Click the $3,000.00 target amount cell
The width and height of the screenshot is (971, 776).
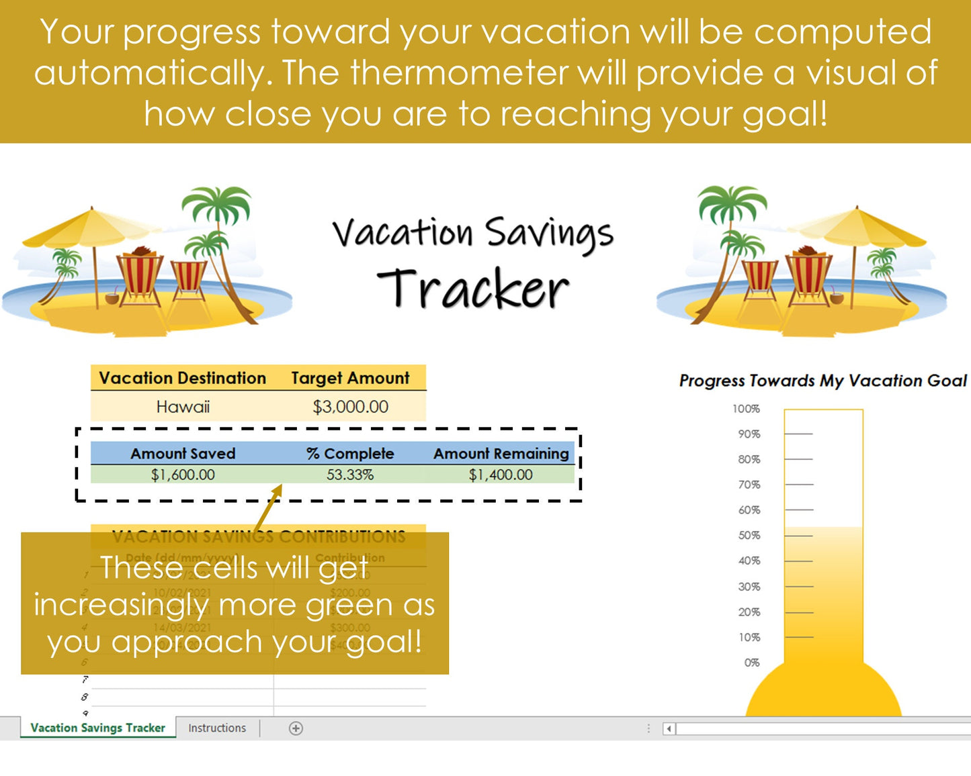pos(350,407)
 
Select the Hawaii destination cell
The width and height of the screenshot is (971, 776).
pos(183,407)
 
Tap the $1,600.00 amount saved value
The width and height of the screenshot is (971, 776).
pos(183,475)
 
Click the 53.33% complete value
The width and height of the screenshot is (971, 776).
pos(350,475)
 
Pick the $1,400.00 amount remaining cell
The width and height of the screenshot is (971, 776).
pos(501,475)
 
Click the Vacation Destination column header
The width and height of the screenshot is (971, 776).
pos(183,378)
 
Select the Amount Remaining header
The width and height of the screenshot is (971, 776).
pos(501,454)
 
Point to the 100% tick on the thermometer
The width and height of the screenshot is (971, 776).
pos(746,409)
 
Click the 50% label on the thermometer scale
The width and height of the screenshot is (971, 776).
pos(749,536)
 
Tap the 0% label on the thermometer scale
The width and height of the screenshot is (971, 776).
pos(751,663)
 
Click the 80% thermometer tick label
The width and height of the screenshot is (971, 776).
pos(749,460)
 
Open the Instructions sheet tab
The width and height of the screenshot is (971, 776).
pos(217,728)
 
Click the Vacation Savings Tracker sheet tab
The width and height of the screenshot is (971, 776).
pos(98,728)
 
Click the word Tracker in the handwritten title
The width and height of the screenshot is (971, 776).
pos(473,289)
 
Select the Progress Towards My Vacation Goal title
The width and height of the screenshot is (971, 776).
pos(822,381)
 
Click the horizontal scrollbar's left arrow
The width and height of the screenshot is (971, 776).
pos(669,729)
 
